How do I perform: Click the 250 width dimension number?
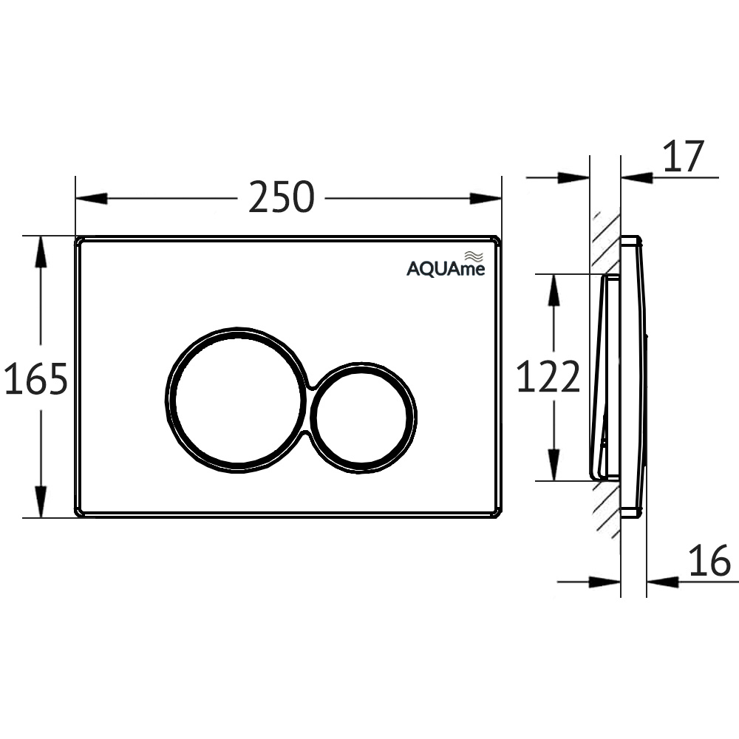coord(281,197)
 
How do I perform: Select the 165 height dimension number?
coord(35,378)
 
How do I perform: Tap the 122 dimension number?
coord(548,377)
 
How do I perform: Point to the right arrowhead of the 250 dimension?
coord(486,198)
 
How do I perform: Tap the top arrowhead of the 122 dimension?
coord(552,290)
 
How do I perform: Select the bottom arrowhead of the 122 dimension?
coord(552,465)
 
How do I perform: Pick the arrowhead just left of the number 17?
coord(637,177)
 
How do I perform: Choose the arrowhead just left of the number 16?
coord(662,582)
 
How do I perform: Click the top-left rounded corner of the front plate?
coord(80,242)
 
